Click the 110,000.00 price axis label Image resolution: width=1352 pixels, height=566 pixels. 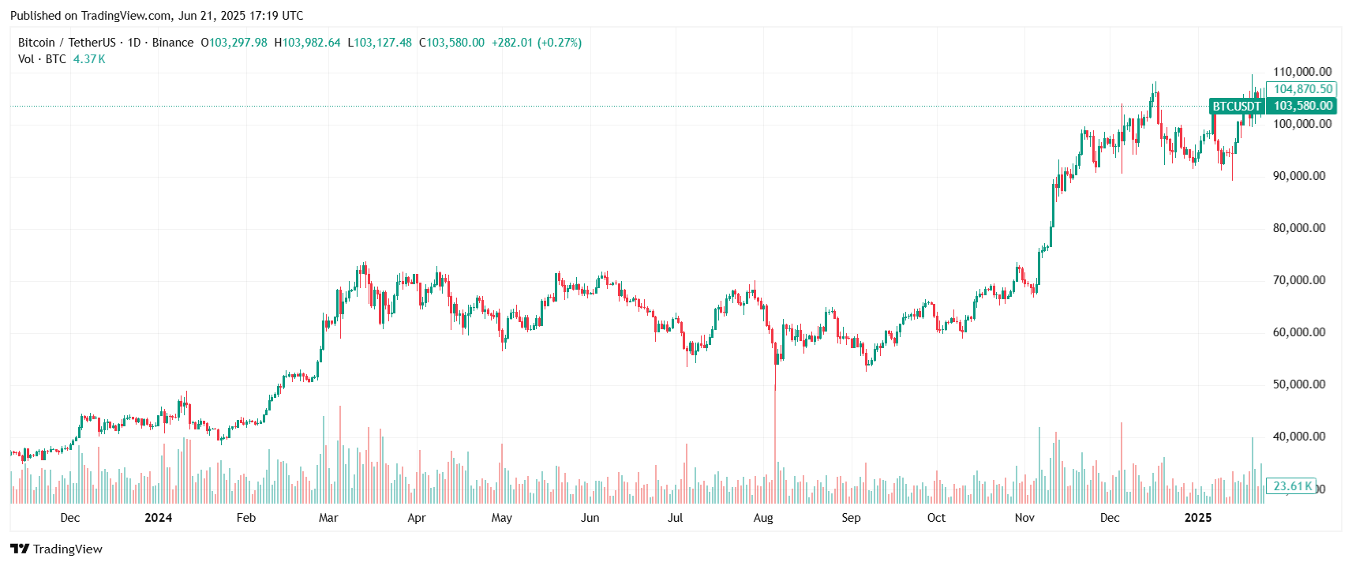coord(1302,72)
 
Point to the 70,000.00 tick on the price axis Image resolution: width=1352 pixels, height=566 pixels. coord(1299,280)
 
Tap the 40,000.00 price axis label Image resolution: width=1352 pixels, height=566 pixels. coord(1299,437)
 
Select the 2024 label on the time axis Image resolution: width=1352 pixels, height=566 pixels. coord(159,518)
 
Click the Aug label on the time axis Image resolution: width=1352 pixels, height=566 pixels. coord(763,518)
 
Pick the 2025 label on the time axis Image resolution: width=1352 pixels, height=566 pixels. coord(1198,518)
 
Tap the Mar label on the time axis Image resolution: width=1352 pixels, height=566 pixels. coord(328,518)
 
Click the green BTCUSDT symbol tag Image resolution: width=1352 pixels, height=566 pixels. coord(1237,107)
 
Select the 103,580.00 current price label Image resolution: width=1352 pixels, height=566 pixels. coord(1303,106)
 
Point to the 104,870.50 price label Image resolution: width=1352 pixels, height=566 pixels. coord(1303,89)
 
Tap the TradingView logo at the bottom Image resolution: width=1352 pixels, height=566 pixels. coord(57,549)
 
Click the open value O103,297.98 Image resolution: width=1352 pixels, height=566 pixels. coord(234,43)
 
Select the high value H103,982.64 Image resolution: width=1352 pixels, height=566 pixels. coord(308,43)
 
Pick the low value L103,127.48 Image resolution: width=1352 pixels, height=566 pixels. coord(380,43)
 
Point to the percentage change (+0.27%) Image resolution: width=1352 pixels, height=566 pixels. coord(560,43)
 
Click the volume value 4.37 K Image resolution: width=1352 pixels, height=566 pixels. coord(89,59)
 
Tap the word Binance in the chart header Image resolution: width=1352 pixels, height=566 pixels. coord(173,43)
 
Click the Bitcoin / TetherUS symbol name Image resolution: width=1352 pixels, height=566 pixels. coord(67,43)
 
